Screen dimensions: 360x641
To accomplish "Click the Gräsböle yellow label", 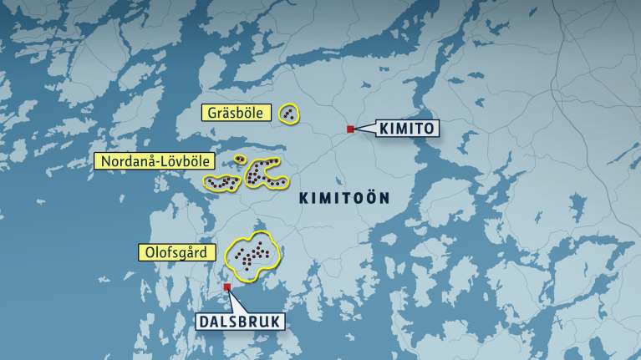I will click(x=236, y=113).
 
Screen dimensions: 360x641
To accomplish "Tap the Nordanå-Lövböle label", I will click(x=155, y=161).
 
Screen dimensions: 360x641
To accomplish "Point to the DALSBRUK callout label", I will click(x=241, y=322).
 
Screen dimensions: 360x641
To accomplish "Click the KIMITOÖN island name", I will click(x=344, y=198).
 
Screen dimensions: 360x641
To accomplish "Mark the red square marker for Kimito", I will click(x=351, y=129).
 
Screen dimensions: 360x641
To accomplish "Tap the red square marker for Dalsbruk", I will click(x=227, y=286).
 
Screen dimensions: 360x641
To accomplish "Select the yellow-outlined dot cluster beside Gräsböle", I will click(x=289, y=114).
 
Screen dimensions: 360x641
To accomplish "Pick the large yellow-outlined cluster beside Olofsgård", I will click(x=252, y=254).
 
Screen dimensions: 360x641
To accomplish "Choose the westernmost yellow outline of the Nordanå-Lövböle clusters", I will click(x=222, y=181).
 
